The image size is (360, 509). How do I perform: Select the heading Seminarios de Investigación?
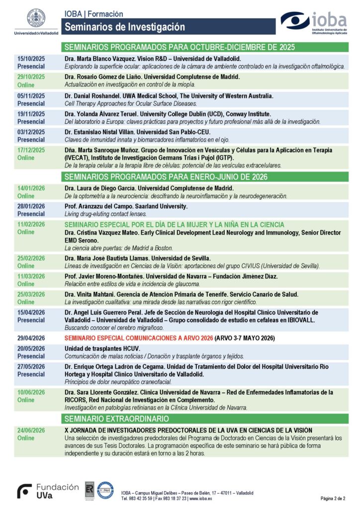pos(125,27)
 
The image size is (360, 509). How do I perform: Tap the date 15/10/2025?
pos(31,59)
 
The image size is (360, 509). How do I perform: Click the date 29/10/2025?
pos(31,77)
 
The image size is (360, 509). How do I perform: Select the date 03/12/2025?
pos(31,132)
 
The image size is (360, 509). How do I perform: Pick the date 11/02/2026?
pos(31,224)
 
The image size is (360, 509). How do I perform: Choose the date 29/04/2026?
pos(31,338)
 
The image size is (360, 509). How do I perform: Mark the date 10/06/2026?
pos(31,392)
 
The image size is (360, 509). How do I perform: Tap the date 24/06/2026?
pos(31,430)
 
